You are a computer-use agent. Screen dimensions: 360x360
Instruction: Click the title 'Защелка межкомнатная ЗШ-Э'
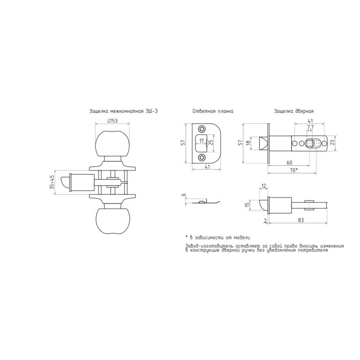click(x=123, y=111)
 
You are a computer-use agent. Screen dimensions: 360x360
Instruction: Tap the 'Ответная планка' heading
click(x=213, y=111)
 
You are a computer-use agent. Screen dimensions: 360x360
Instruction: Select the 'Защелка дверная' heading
click(x=294, y=111)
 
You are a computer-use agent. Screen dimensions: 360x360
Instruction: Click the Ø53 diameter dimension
click(x=112, y=121)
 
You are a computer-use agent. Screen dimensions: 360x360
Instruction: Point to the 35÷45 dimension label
click(x=52, y=182)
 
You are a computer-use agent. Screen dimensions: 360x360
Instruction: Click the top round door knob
click(x=112, y=144)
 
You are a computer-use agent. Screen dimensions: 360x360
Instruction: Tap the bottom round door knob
click(x=112, y=221)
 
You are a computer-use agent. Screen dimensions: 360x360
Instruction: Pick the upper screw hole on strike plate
click(x=202, y=129)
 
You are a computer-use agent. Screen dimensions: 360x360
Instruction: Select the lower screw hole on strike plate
click(x=202, y=157)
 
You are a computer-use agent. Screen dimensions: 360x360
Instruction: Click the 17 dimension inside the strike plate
click(x=202, y=141)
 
